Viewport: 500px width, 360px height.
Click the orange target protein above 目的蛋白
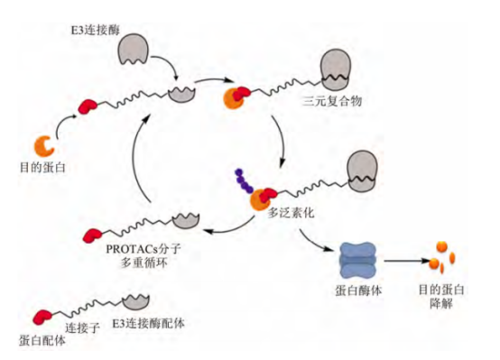[44, 143]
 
